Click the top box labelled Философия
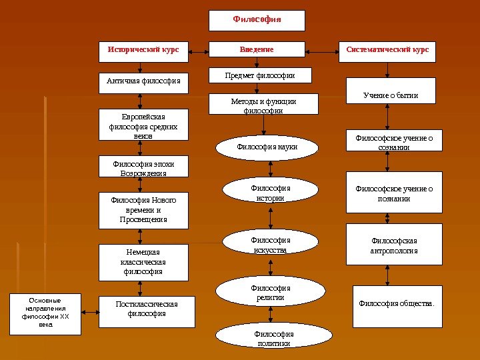coord(257,21)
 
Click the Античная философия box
coord(143,83)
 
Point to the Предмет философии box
coord(262,77)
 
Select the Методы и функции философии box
coord(263,105)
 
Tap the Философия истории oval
coord(271,192)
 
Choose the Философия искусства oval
coord(271,244)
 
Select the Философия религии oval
coord(271,291)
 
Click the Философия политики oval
coord(273,337)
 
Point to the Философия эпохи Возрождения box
coord(143,167)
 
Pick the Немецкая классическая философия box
coord(143,261)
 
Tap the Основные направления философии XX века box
coord(45,313)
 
